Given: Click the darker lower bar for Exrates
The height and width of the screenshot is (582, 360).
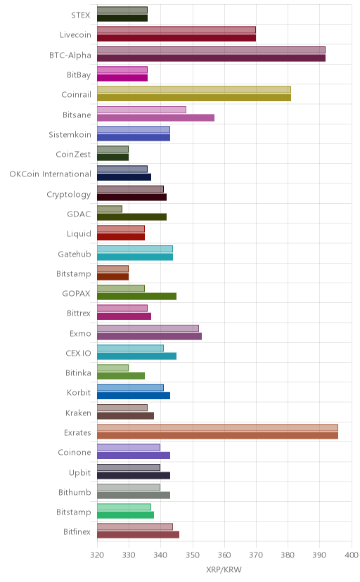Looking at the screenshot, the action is coord(217,436).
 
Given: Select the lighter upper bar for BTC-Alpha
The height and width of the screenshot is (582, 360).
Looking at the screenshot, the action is coord(211,50).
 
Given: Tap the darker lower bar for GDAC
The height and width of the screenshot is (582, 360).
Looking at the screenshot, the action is coord(131,217).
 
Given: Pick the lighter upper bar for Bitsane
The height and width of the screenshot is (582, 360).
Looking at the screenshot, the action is coord(142,110).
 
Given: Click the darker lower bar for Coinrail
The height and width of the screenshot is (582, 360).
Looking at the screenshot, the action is coord(194,98).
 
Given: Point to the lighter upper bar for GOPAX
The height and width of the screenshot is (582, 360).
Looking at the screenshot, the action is coord(121,288).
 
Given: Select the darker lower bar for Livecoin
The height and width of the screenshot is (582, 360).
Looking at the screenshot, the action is coord(176,38).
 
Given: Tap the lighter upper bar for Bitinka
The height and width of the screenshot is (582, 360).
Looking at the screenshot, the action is coord(112,368).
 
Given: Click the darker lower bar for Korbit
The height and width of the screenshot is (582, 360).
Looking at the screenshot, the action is coord(134,396).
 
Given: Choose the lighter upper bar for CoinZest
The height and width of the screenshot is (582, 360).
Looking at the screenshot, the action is coord(112,149).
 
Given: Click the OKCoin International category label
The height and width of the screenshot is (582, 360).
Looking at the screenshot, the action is coord(50,174).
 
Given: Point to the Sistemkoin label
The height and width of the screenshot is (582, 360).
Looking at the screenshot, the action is coord(70,134).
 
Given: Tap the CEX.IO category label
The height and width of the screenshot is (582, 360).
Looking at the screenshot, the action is coord(78,353).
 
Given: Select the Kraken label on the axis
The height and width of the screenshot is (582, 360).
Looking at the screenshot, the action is coord(78,413).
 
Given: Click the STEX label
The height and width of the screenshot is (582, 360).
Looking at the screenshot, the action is coord(81,15).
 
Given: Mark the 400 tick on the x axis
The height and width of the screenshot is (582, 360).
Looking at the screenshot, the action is coord(351,555).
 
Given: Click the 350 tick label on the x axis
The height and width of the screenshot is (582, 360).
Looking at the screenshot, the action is coord(193,555).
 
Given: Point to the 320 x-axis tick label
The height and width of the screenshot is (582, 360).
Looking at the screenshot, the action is coord(97,555).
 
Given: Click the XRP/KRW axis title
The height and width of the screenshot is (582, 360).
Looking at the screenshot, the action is coord(224,570).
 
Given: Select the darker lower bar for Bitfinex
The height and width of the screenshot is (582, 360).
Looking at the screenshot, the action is coord(138,535).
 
